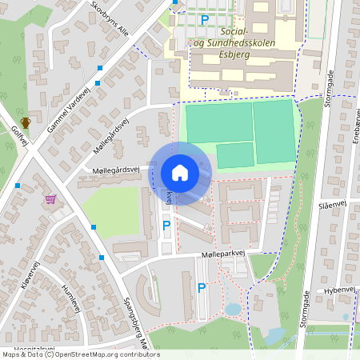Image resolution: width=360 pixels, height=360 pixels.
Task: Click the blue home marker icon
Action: (180, 172)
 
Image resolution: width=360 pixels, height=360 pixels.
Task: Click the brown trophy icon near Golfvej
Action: (26, 122)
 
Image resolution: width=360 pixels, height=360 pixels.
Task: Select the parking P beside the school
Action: (205, 19)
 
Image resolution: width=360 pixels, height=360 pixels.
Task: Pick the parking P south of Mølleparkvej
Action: (202, 287)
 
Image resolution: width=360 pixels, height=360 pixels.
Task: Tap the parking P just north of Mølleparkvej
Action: (166, 226)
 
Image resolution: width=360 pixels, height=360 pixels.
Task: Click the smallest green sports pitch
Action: (235, 155)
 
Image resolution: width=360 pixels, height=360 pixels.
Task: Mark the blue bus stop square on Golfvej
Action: (18, 186)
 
